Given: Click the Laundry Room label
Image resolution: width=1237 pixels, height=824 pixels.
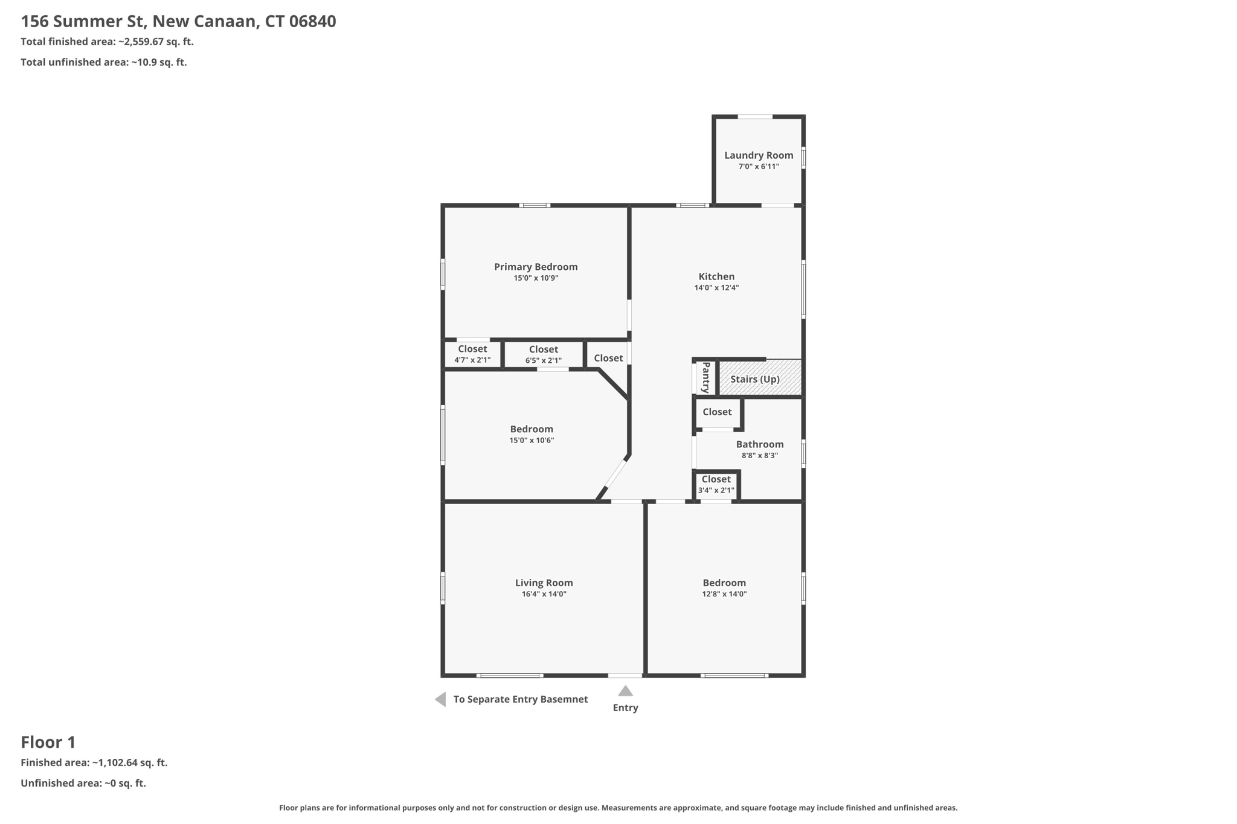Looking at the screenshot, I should click(x=759, y=155).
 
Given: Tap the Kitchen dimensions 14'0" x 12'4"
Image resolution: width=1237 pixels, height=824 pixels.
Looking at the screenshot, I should click(x=716, y=288).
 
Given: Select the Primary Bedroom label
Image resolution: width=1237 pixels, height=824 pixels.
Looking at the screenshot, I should click(x=536, y=267).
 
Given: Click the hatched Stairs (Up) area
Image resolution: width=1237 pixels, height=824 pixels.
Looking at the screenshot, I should click(x=760, y=378).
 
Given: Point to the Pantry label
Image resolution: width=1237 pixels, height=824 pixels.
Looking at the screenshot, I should click(x=705, y=377).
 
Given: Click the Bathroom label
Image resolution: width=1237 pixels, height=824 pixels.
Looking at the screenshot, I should click(x=760, y=444).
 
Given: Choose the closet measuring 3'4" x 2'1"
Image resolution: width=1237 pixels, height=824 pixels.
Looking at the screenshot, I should click(x=716, y=485).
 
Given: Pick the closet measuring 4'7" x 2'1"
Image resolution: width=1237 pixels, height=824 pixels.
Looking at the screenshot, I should click(x=472, y=354).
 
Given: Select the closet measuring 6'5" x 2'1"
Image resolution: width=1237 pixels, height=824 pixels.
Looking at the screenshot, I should click(x=543, y=354).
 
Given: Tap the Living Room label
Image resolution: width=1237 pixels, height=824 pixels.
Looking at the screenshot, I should click(x=544, y=583).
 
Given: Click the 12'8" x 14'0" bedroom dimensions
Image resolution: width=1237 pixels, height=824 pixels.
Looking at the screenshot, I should click(x=724, y=594).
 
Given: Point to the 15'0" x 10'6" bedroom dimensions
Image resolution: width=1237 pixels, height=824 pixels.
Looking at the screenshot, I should click(x=532, y=441).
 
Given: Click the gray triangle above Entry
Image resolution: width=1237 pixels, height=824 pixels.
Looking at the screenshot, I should click(x=625, y=691).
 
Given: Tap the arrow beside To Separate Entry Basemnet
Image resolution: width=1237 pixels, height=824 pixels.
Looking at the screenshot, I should click(x=441, y=699).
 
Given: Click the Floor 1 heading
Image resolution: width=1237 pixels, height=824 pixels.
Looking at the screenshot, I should click(x=48, y=742).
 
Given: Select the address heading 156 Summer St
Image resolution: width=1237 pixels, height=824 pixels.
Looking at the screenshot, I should click(x=178, y=21).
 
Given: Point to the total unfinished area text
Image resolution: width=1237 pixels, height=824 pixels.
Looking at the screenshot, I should click(x=103, y=62).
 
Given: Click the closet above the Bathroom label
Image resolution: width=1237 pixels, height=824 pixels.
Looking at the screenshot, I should click(x=717, y=412).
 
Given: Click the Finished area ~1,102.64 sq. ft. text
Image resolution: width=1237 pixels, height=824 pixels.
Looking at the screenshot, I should click(x=94, y=762).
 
